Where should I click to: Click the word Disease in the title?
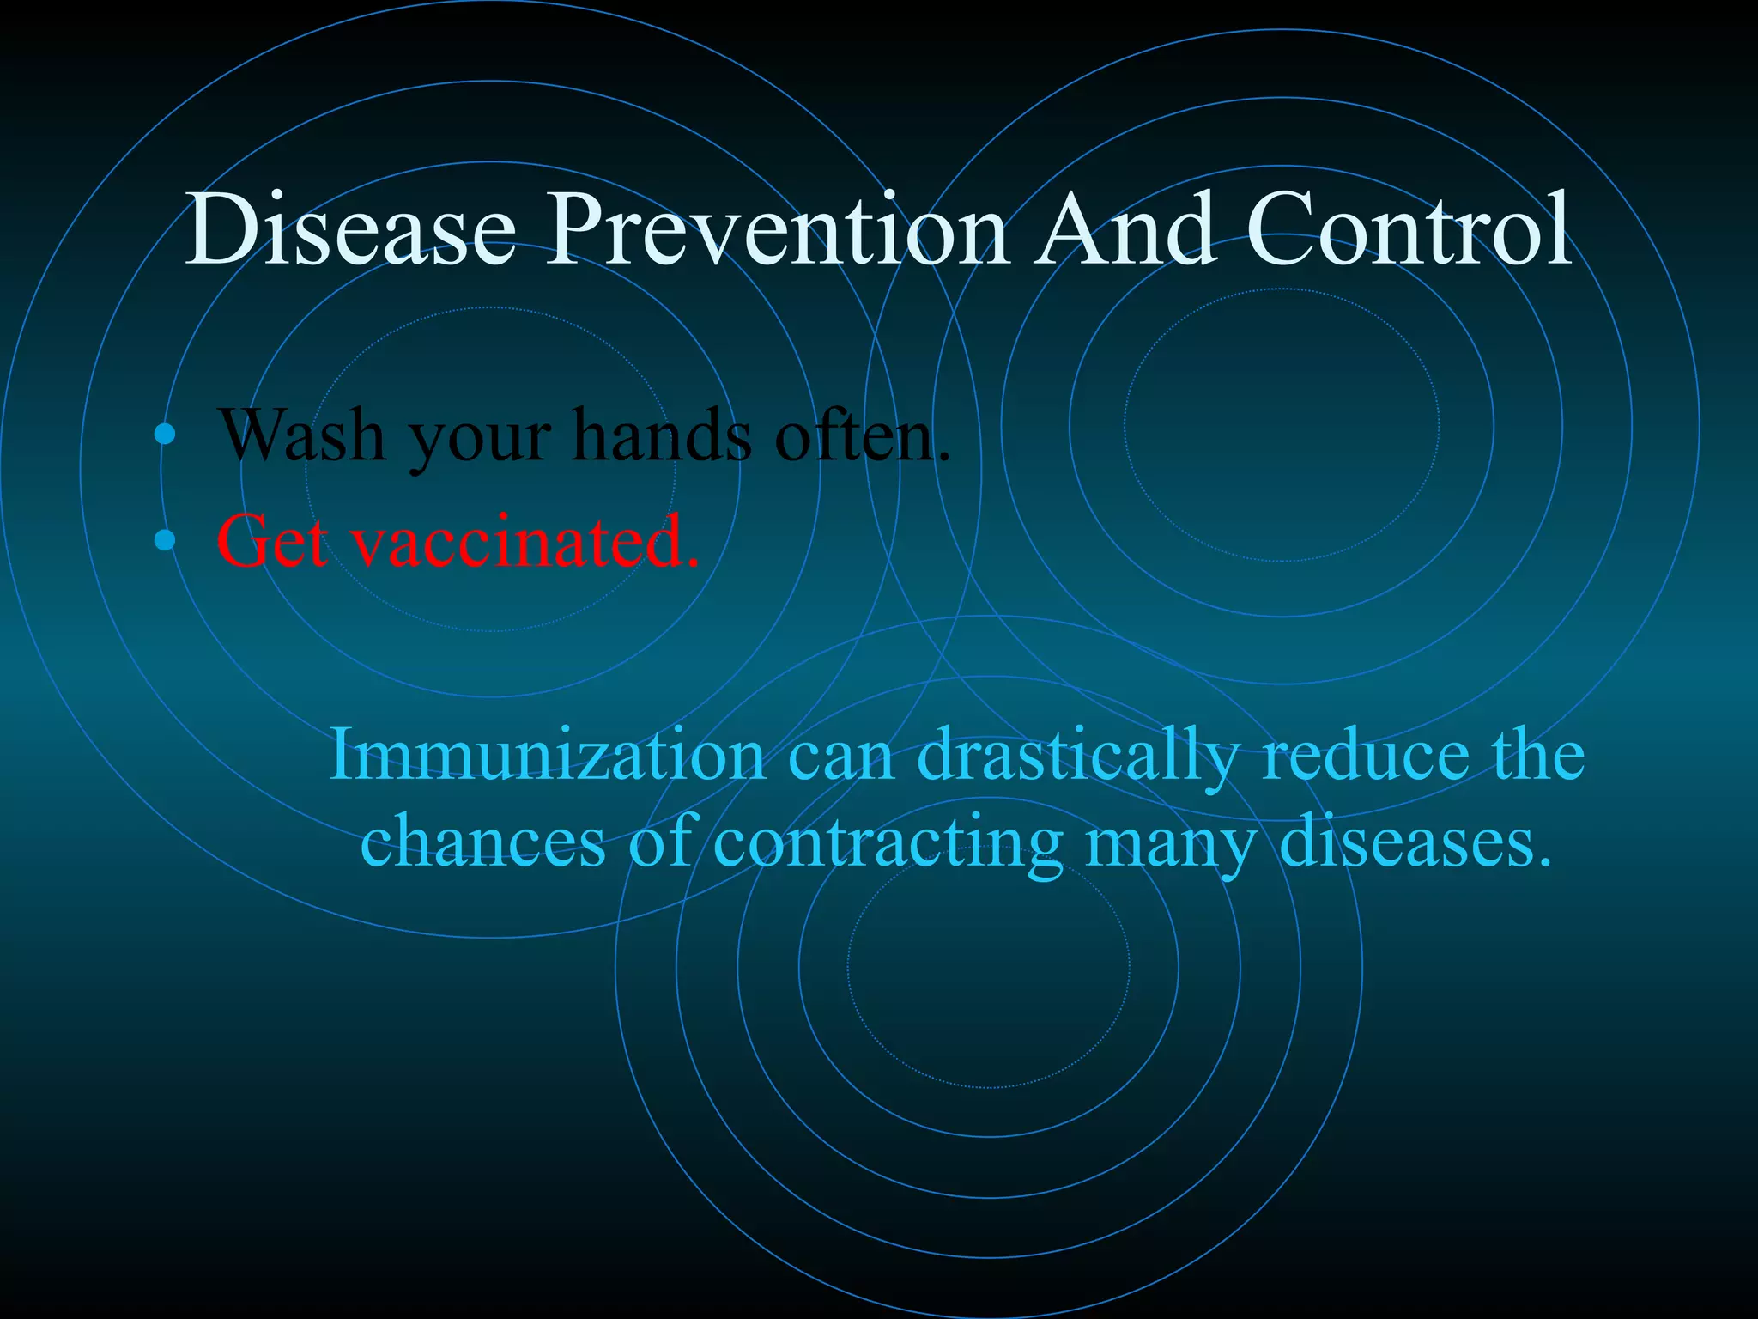pos(350,230)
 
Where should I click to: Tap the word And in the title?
pos(1125,230)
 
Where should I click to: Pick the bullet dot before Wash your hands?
pos(165,435)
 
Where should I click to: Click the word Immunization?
pos(547,754)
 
